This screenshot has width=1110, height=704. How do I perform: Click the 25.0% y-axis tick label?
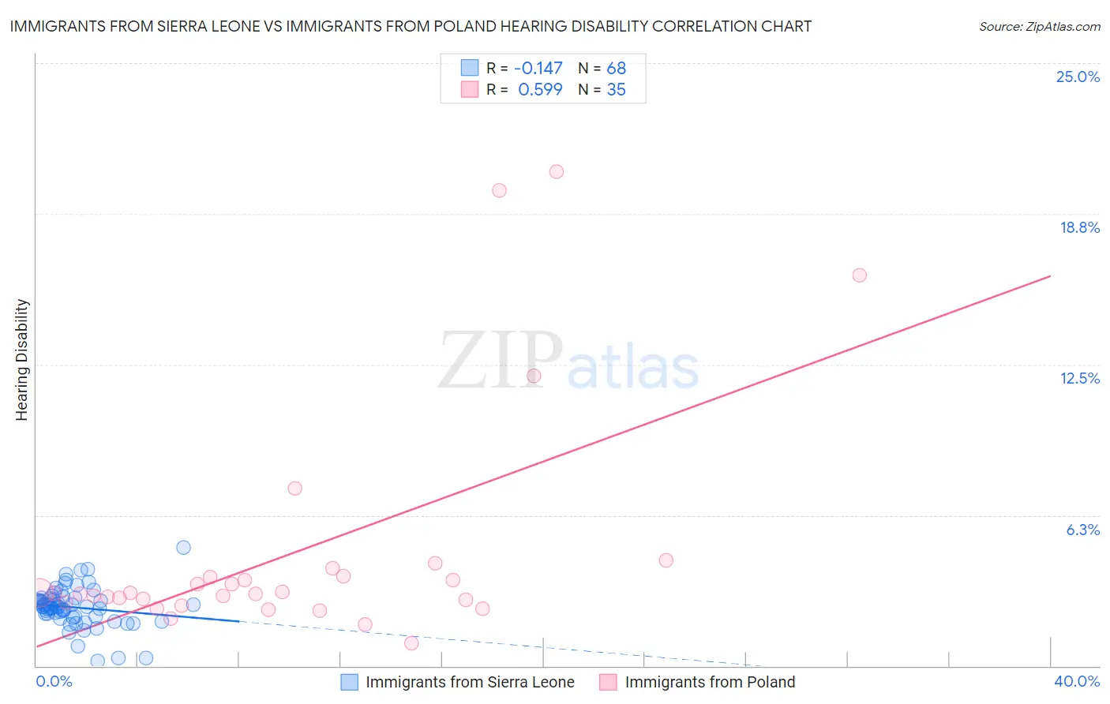[1078, 77]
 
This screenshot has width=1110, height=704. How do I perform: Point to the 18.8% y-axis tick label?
[1079, 227]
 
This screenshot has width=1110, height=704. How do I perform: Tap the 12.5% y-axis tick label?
[1079, 378]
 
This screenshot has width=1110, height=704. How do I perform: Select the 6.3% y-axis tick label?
[1082, 530]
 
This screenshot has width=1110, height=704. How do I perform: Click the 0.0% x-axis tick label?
[54, 681]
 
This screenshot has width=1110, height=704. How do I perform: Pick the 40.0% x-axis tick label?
[1076, 681]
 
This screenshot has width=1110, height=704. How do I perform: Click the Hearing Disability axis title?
[22, 360]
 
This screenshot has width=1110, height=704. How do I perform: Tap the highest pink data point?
[557, 171]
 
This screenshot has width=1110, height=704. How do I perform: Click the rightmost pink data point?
[860, 275]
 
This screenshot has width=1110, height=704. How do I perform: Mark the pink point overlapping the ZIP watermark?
[534, 376]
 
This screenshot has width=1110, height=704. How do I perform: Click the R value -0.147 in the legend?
[538, 69]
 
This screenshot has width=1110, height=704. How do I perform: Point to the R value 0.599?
[540, 90]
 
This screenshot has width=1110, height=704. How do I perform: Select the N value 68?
[616, 69]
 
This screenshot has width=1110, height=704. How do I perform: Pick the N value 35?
[616, 90]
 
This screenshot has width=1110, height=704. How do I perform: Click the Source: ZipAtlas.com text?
[1039, 27]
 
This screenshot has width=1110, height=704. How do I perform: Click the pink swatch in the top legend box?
[470, 89]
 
